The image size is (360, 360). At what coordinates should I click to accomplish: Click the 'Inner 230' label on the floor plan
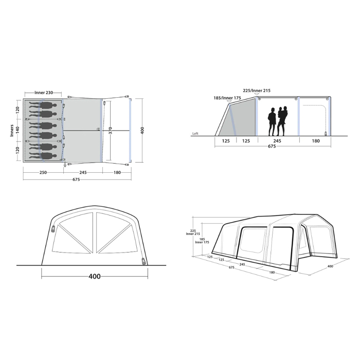(x=44, y=93)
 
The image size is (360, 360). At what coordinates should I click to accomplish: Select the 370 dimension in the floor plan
(x=110, y=131)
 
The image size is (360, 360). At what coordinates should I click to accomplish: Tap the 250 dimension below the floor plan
(x=43, y=172)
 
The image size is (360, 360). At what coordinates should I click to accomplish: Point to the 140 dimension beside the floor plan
(x=17, y=130)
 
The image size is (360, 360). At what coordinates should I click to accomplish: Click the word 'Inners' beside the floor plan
(x=12, y=131)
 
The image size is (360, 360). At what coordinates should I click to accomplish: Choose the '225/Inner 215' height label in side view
(x=257, y=91)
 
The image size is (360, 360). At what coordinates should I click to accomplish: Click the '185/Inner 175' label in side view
(x=227, y=98)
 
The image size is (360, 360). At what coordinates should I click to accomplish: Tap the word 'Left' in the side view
(x=195, y=133)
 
